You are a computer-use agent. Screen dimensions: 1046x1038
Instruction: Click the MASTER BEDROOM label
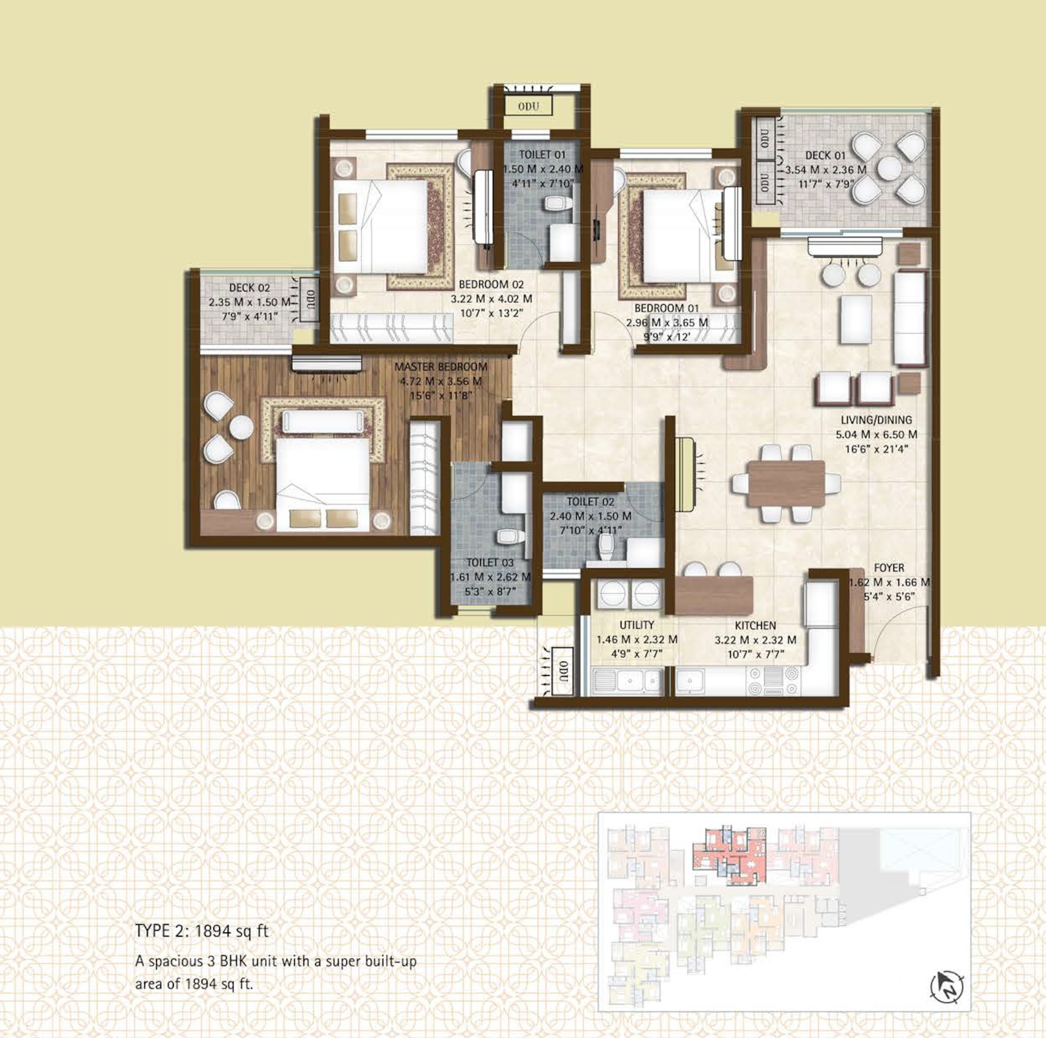click(x=441, y=366)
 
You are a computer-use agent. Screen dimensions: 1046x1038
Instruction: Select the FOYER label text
click(x=889, y=568)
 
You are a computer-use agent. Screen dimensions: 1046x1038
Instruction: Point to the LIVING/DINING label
click(x=876, y=420)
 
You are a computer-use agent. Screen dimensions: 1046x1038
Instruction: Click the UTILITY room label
click(x=637, y=625)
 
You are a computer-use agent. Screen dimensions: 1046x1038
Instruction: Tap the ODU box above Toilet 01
click(x=529, y=106)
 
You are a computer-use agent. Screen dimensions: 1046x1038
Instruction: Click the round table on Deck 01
click(x=889, y=168)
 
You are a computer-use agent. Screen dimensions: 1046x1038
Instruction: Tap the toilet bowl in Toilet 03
click(x=509, y=536)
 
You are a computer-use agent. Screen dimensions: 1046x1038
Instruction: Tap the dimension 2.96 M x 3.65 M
click(x=667, y=322)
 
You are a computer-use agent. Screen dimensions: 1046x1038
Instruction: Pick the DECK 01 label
click(x=825, y=156)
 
